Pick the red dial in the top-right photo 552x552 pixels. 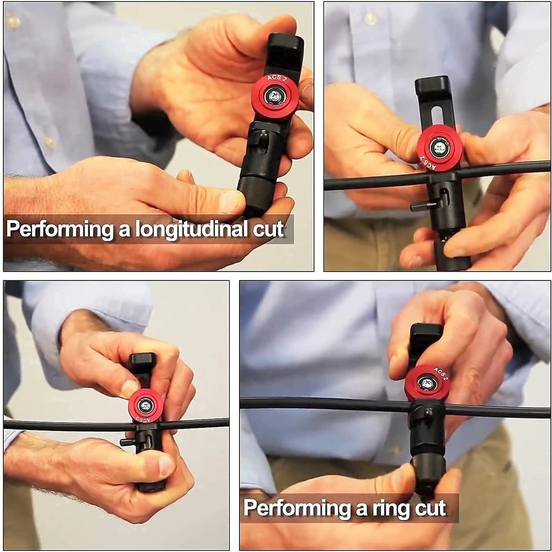click(x=439, y=148)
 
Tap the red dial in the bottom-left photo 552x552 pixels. click(x=146, y=406)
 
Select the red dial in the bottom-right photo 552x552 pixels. click(x=427, y=383)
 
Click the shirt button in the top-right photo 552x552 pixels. click(x=371, y=18)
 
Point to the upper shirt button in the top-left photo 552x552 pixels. click(x=12, y=22)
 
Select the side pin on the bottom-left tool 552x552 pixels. click(x=126, y=442)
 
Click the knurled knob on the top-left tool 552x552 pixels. click(x=255, y=193)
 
